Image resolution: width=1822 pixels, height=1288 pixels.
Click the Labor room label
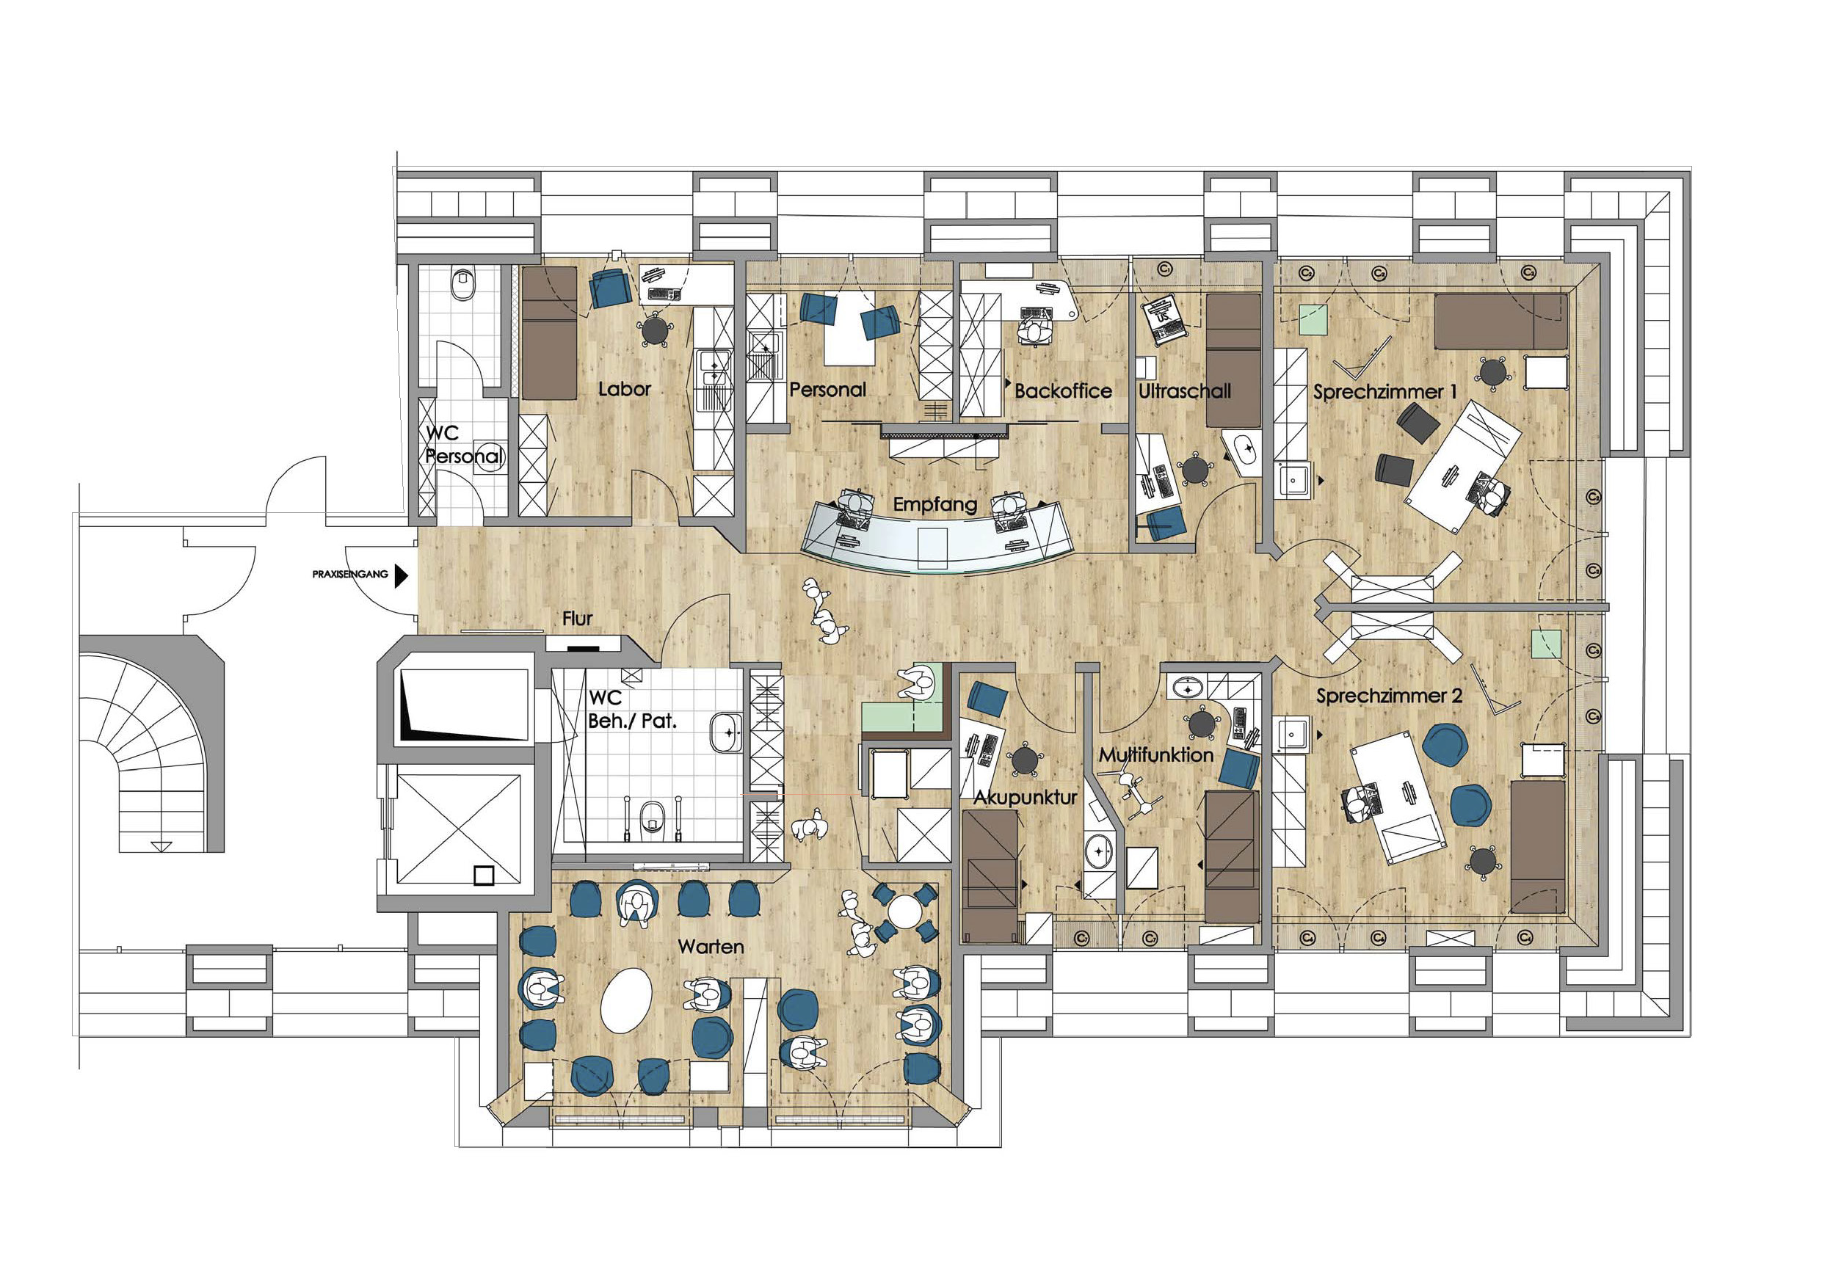(x=625, y=389)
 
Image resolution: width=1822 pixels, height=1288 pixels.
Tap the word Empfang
(x=934, y=505)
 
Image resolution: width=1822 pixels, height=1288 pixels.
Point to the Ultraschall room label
(x=1185, y=390)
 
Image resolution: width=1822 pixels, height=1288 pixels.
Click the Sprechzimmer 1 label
(x=1384, y=391)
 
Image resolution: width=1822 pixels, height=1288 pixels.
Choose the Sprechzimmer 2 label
(x=1389, y=696)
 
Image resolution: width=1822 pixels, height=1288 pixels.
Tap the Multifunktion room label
(x=1156, y=754)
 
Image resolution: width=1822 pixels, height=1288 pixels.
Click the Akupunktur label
(x=1026, y=798)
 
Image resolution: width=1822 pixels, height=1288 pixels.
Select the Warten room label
(x=711, y=947)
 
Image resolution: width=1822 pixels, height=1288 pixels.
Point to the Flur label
(x=578, y=618)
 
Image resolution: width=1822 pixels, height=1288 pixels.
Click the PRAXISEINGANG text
(x=350, y=574)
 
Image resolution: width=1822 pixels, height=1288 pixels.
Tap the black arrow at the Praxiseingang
(x=401, y=575)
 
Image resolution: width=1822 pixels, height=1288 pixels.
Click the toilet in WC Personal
(x=462, y=284)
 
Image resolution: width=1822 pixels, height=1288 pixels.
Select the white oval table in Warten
(x=626, y=1000)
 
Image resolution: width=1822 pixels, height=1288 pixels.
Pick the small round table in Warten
(x=904, y=911)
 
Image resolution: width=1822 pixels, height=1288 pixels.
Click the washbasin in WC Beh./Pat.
(x=725, y=732)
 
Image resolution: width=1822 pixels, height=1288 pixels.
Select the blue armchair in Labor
(x=611, y=288)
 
